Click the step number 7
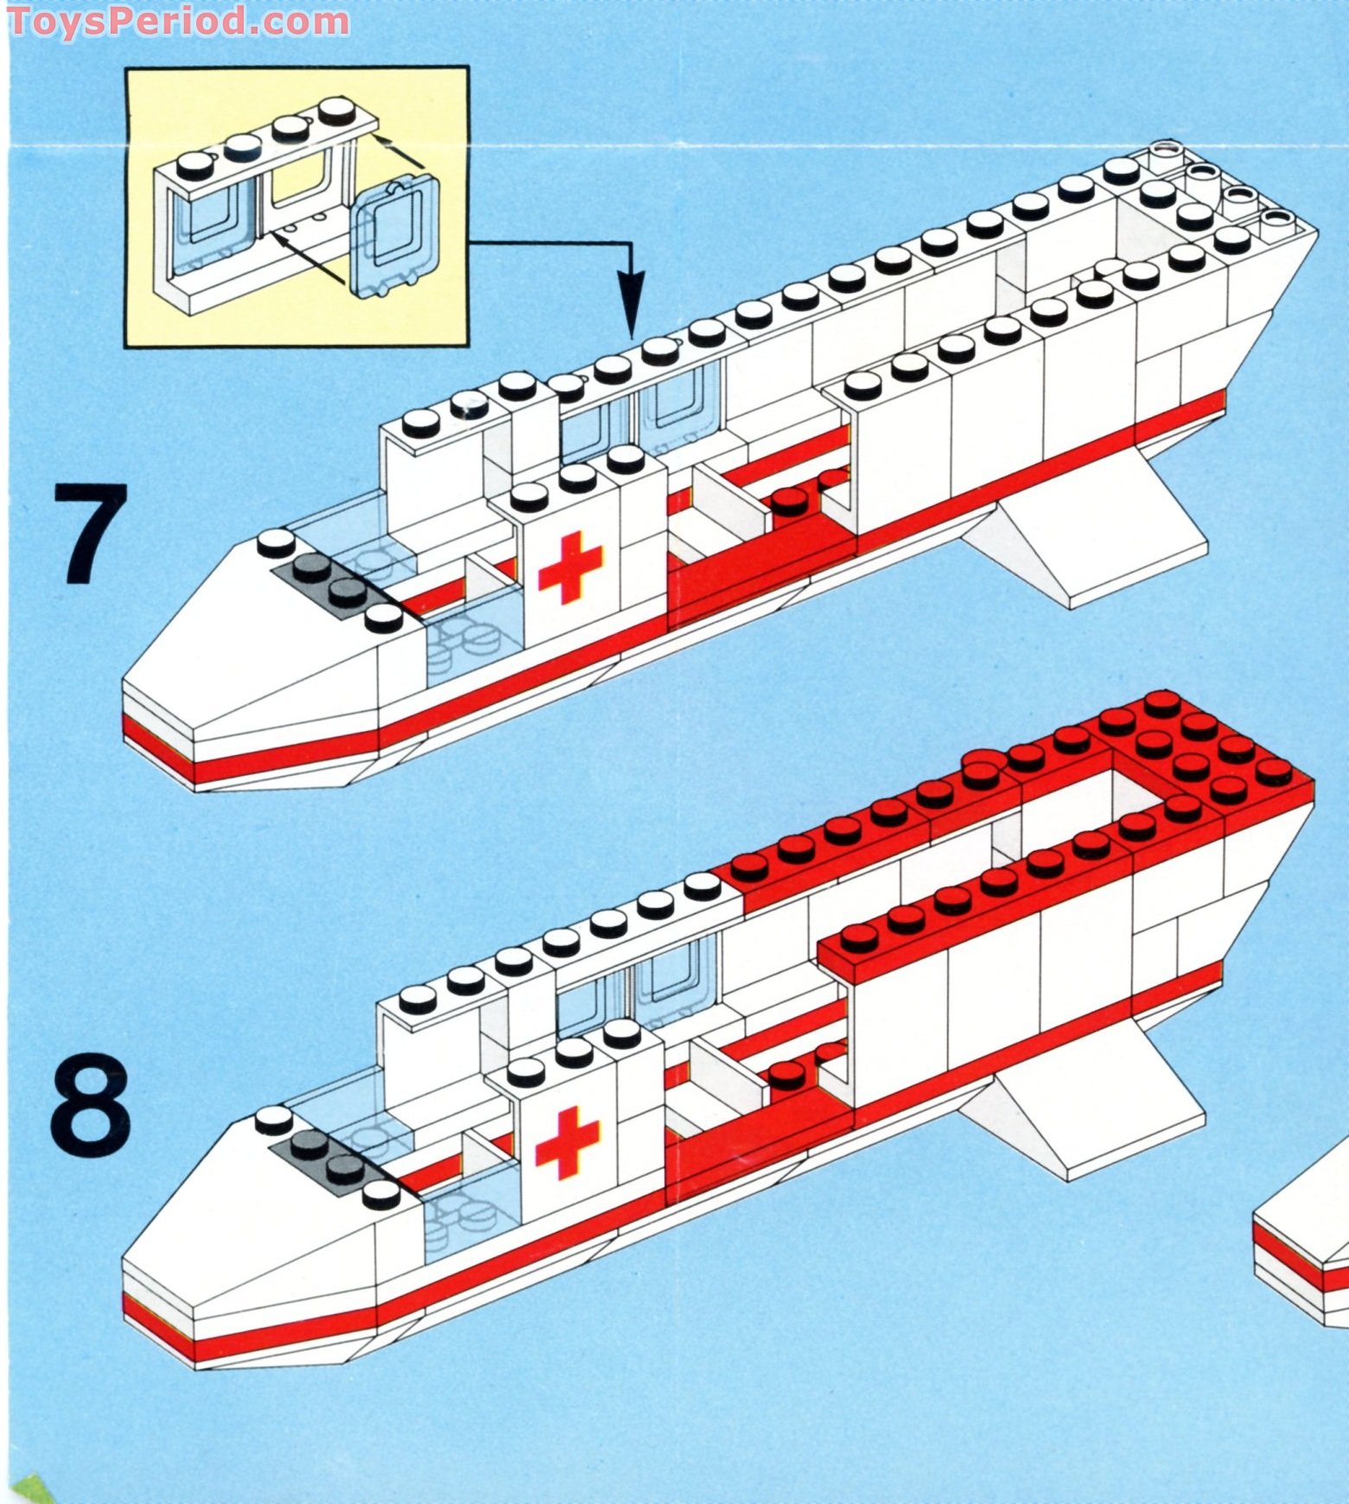[x=91, y=533]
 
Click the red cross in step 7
[x=570, y=567]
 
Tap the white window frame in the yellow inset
[x=259, y=216]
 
